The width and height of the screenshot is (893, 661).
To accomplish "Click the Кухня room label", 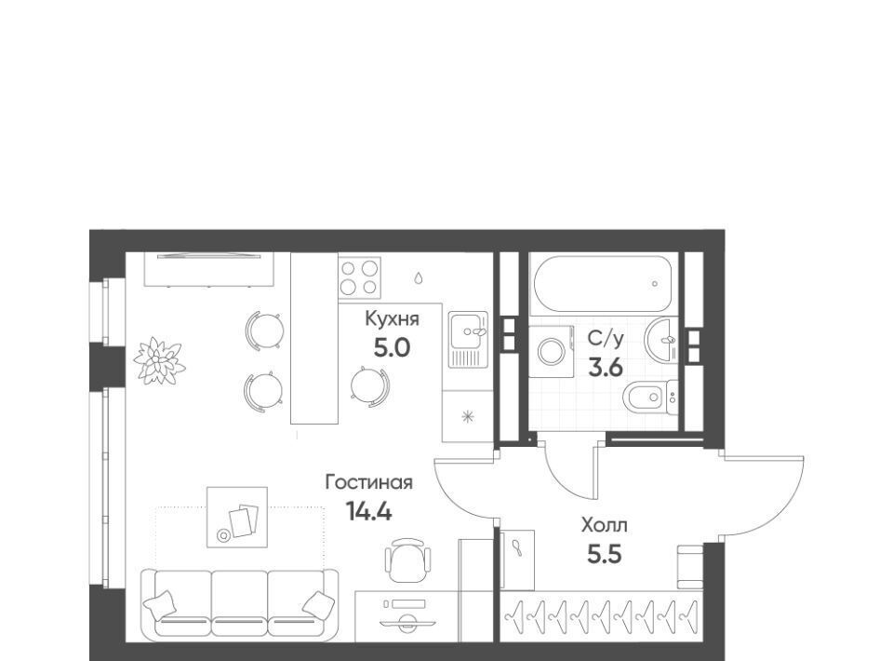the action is click(x=392, y=319).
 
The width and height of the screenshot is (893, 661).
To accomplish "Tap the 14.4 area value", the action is click(x=369, y=512).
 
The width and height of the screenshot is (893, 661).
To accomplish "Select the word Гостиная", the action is click(x=368, y=482).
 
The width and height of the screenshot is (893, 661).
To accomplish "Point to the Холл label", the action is click(x=605, y=525).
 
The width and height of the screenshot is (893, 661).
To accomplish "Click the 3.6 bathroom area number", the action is click(x=606, y=368).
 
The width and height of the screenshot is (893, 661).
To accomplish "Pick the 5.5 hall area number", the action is click(x=605, y=554).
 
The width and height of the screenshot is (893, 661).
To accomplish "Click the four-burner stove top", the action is click(x=359, y=277).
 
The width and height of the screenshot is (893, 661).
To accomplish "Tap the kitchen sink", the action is click(x=468, y=339).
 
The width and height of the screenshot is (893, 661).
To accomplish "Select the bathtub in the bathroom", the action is click(x=605, y=284).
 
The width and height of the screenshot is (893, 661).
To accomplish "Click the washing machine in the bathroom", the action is click(x=551, y=351).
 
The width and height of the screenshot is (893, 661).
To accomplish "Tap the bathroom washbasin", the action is click(x=660, y=339).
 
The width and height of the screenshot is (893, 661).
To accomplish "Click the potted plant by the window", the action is click(x=159, y=360).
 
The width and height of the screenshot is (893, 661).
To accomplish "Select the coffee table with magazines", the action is click(x=237, y=518).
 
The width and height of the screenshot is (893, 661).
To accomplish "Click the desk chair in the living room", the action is click(x=407, y=560).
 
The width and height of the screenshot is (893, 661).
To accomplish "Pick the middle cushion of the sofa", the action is click(x=239, y=603).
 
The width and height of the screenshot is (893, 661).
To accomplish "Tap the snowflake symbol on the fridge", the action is click(x=468, y=417).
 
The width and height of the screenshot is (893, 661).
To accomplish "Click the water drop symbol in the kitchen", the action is click(x=419, y=277).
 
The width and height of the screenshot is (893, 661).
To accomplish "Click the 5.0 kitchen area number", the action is click(x=392, y=347).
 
